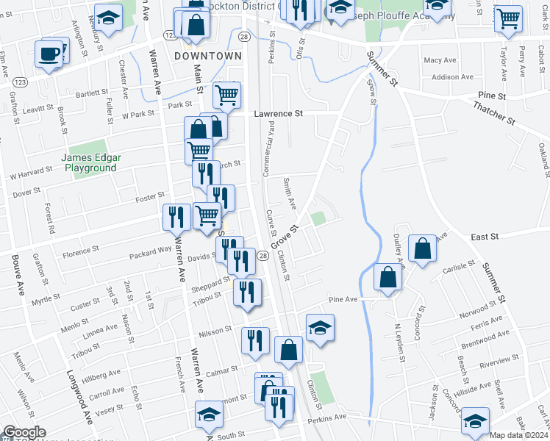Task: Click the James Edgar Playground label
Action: pyautogui.click(x=89, y=162)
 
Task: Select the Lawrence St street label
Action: pyautogui.click(x=279, y=114)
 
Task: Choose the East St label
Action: pyautogui.click(x=485, y=237)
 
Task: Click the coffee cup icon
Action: pyautogui.click(x=49, y=53)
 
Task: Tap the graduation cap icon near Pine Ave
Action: pyautogui.click(x=320, y=328)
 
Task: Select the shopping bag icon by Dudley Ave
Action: pyautogui.click(x=423, y=248)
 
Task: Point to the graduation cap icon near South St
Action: pyautogui.click(x=210, y=415)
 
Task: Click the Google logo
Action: pyautogui.click(x=24, y=432)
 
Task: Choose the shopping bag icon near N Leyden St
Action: pyautogui.click(x=387, y=277)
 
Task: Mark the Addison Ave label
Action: pyautogui.click(x=452, y=76)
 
